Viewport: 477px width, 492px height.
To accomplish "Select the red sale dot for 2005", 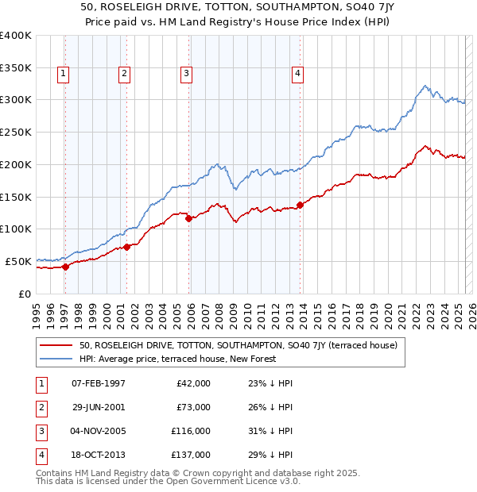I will coord(188,219).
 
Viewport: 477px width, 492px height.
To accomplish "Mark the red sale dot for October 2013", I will coord(300,205).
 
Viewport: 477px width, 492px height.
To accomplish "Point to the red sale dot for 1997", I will coord(65,267).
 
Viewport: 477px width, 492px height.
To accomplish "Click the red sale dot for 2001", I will coord(127,247).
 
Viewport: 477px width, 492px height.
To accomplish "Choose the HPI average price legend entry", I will coord(177,359).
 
